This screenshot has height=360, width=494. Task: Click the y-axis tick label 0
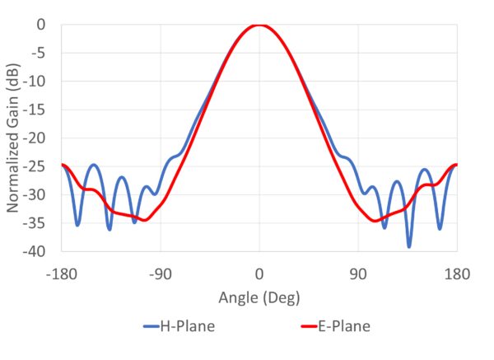click(40, 25)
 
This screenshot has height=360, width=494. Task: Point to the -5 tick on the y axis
click(37, 54)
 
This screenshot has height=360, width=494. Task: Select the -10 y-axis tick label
click(34, 82)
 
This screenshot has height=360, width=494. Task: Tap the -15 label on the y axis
click(34, 110)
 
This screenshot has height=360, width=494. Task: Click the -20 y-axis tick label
click(34, 138)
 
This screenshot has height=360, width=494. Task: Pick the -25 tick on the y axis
click(34, 166)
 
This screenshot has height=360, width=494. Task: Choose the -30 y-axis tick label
click(34, 195)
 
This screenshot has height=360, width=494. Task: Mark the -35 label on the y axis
click(34, 223)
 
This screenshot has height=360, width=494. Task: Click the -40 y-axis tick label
click(34, 251)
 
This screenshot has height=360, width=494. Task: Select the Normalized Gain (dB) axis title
click(14, 138)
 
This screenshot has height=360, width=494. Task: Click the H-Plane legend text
click(187, 326)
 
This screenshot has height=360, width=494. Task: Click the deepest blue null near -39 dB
click(409, 245)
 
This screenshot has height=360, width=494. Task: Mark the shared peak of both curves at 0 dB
click(259, 25)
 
